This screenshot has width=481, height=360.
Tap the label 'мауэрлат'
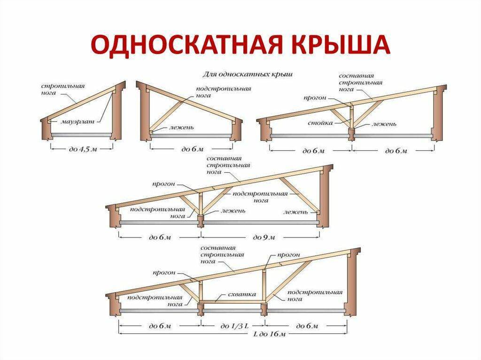click(78, 122)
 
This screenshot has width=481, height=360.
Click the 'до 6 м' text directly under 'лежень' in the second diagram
click(193, 149)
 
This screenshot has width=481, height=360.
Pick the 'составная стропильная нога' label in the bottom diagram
click(222, 255)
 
